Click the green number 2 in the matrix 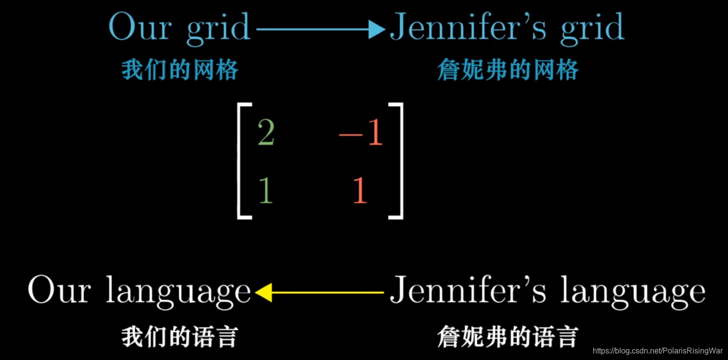[x=266, y=133]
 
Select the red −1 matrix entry [x=360, y=133]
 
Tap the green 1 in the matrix [x=266, y=190]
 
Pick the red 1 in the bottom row [x=360, y=190]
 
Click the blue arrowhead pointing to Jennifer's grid [x=376, y=29]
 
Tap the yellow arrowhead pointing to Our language [x=264, y=292]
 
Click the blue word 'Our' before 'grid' [x=140, y=27]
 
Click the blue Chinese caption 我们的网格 [x=180, y=70]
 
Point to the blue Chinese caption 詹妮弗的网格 [x=508, y=70]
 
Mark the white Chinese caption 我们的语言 [x=180, y=336]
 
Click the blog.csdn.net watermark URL [x=658, y=351]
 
